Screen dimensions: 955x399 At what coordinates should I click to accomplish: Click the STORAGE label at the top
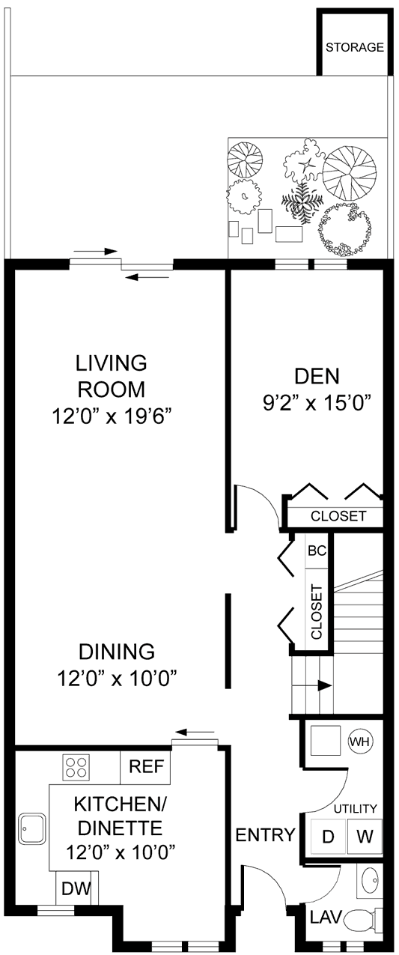point(355,47)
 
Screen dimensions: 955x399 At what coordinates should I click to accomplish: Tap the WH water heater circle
point(360,742)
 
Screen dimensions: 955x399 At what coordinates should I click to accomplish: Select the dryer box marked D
point(327,836)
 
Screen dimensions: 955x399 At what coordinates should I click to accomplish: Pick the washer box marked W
point(364,836)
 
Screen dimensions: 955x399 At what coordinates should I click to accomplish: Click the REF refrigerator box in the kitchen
point(145,766)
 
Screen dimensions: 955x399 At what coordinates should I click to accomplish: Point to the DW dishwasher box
point(76,889)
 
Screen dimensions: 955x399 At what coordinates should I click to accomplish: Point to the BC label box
point(317,550)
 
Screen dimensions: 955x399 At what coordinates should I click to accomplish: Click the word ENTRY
point(265,835)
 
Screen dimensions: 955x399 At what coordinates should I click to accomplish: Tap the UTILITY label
point(355,809)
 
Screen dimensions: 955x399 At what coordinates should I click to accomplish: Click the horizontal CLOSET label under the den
point(338,516)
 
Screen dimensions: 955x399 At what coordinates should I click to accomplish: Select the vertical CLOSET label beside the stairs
point(316,611)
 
